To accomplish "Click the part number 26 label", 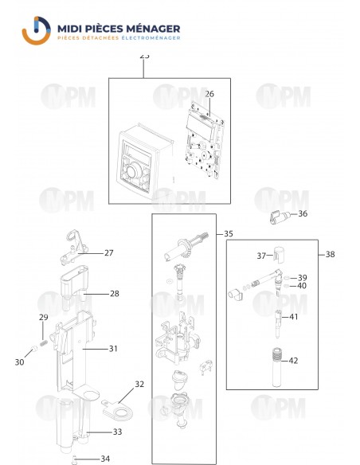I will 209,94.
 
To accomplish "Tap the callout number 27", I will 109,253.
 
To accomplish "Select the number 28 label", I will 115,294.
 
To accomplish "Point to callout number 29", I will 44,318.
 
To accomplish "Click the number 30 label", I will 19,362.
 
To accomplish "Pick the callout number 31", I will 113,348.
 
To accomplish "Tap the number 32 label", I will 139,384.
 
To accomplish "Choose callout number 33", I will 117,432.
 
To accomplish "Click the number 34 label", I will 106,459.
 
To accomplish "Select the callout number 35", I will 229,234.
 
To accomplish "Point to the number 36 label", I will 303,214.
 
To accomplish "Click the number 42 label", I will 294,361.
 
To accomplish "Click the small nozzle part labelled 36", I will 278,215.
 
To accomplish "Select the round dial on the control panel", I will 135,169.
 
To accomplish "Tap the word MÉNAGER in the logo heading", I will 151,29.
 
